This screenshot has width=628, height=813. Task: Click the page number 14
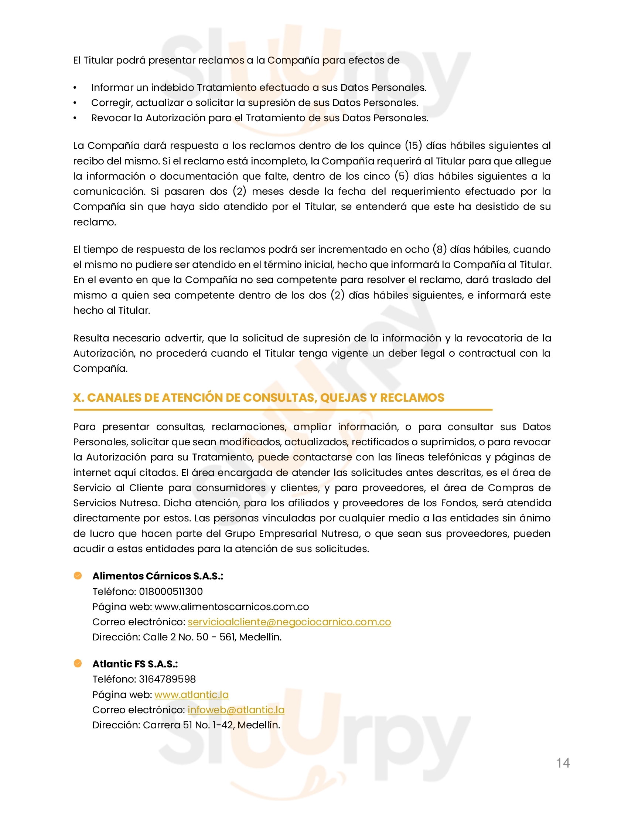(x=563, y=763)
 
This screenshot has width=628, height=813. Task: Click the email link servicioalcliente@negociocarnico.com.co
(x=289, y=622)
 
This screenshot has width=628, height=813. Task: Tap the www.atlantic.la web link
(x=192, y=695)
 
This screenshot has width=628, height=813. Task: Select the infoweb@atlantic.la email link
(x=236, y=710)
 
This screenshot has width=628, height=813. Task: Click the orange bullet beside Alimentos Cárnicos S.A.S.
(x=78, y=575)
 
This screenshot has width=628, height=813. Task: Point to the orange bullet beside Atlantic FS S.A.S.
(x=78, y=663)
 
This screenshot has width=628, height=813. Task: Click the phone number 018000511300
(x=171, y=592)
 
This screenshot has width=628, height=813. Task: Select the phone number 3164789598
(x=167, y=679)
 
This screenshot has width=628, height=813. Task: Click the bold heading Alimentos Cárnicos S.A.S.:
(x=158, y=576)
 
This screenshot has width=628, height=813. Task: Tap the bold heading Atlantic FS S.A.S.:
(x=135, y=664)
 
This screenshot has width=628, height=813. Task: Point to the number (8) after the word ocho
(x=439, y=249)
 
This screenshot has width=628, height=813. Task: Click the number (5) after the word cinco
(x=402, y=176)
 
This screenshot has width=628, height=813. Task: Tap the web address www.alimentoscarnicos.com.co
(x=231, y=607)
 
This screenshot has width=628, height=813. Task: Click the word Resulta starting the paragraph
(x=91, y=338)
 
